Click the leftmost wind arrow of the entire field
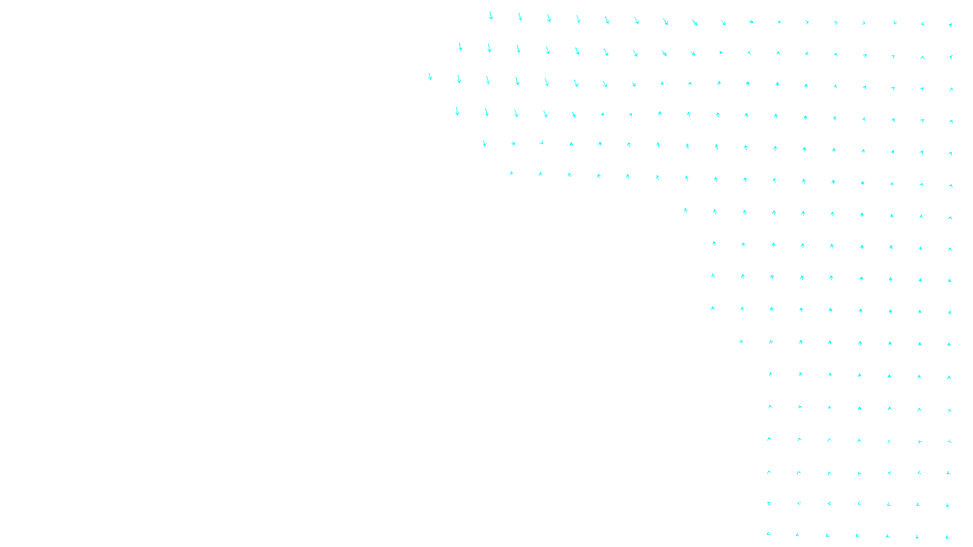tap(430, 77)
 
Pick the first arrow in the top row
tap(491, 16)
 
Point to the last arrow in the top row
tap(950, 25)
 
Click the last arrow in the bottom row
tap(947, 537)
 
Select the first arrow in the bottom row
tap(769, 534)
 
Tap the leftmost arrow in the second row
tap(460, 47)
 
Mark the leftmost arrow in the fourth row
tap(457, 111)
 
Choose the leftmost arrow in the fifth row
tap(485, 143)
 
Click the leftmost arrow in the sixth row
tap(511, 173)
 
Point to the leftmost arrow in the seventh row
tap(685, 210)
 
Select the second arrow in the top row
tap(520, 17)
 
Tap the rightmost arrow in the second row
tap(951, 57)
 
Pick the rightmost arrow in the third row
tap(951, 89)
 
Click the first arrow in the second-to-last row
tap(769, 503)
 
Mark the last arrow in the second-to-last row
tap(947, 505)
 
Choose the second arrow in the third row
tap(459, 79)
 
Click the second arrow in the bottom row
tap(797, 535)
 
